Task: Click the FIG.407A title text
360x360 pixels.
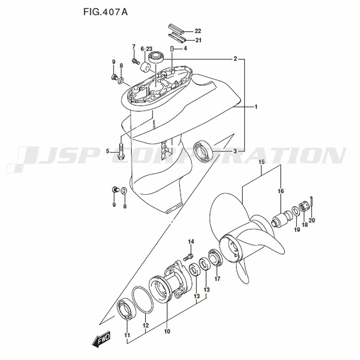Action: point(105,12)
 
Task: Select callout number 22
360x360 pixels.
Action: point(198,31)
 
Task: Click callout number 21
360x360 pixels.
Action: point(198,40)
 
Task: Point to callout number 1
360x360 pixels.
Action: point(256,107)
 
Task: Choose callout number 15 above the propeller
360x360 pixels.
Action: point(261,162)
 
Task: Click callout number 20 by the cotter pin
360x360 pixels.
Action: point(311,220)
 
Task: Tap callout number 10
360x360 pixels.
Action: point(167,331)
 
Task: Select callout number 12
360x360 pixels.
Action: point(145,325)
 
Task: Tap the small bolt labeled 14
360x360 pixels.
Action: point(188,257)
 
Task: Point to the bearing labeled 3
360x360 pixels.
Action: point(203,152)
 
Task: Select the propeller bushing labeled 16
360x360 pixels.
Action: point(282,218)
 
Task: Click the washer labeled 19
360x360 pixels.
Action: point(296,211)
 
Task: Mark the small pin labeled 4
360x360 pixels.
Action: point(171,49)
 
